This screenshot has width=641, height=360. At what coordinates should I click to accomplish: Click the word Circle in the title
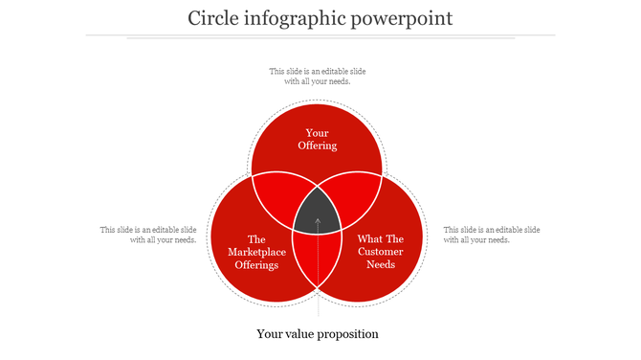point(210,18)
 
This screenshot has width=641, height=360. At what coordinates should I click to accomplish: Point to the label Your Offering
point(317,139)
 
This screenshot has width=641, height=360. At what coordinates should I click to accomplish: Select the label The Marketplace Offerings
point(255,252)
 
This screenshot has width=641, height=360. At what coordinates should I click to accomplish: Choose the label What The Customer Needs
point(381,252)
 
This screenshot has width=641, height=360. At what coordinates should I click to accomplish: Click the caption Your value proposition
point(318,334)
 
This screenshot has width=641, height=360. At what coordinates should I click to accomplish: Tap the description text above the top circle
point(317,76)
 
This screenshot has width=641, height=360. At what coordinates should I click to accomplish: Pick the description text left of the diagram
point(148,235)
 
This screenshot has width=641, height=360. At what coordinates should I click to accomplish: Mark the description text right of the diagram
point(492,235)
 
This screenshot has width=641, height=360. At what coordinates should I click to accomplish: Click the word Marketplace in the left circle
point(256,252)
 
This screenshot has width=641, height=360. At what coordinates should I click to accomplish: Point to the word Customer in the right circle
point(381,252)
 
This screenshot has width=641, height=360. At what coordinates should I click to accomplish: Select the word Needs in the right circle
point(381,264)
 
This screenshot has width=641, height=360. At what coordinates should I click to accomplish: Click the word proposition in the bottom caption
point(345,334)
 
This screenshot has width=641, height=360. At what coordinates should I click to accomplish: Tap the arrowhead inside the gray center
point(318,221)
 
